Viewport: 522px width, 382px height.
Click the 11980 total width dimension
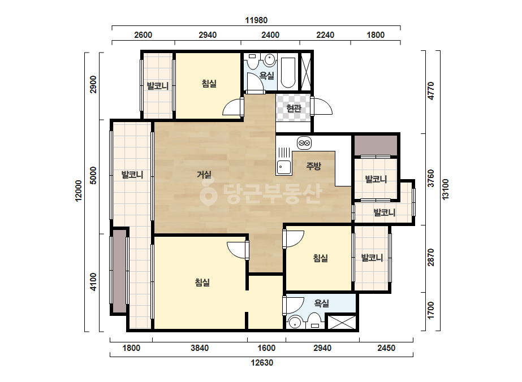256,20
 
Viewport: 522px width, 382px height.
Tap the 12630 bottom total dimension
262,362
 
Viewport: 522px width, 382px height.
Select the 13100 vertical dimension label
446,189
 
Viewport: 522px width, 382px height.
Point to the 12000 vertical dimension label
78,190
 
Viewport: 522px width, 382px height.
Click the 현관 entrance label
294,108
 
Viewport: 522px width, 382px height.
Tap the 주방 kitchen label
313,166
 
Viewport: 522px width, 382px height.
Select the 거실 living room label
204,174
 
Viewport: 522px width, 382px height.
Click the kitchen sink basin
284,167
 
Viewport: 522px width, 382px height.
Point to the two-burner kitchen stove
304,143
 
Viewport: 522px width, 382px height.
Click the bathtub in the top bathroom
288,73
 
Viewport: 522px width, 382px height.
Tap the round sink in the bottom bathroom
294,323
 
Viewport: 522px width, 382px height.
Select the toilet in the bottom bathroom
314,321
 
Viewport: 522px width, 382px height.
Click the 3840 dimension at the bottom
200,348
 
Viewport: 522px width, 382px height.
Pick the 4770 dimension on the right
431,90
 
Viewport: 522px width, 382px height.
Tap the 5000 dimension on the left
93,175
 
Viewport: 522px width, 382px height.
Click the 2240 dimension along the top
325,35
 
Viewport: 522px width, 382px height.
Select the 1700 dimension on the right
431,310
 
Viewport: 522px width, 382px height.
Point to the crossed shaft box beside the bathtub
305,72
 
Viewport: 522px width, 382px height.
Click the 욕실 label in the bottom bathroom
322,303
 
